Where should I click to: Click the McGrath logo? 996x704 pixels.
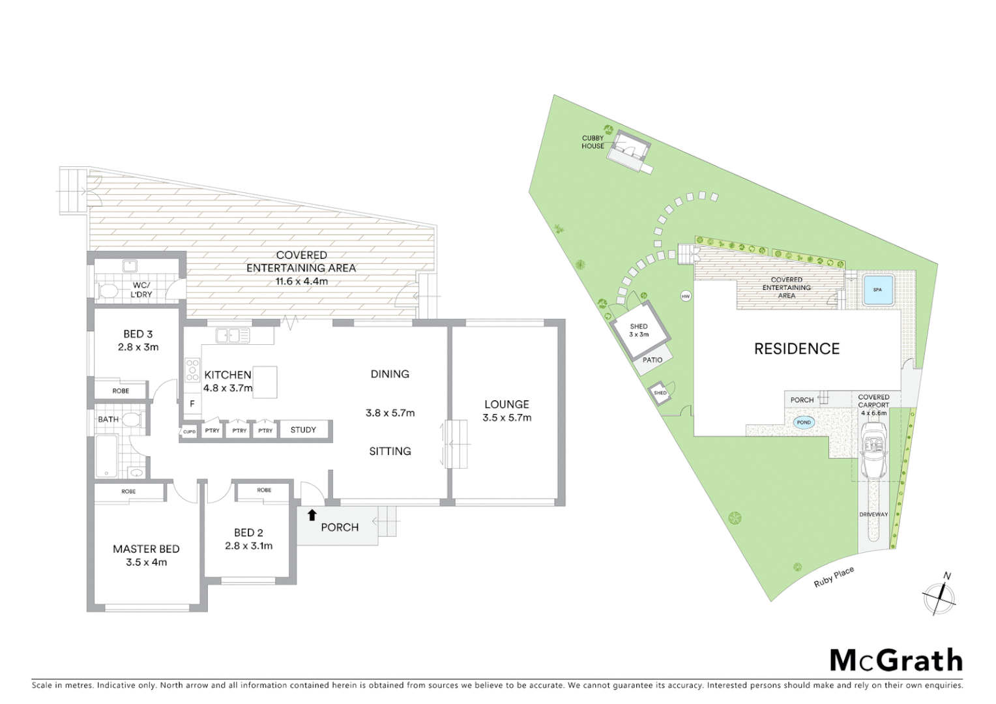pos(896,660)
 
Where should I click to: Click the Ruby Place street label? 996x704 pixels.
pos(833,577)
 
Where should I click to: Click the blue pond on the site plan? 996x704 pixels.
pos(804,422)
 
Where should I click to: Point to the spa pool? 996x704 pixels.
pos(877,289)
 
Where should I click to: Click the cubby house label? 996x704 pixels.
pos(593,142)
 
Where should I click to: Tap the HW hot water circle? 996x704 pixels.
pos(685,297)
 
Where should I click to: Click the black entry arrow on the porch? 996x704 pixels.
pos(312,515)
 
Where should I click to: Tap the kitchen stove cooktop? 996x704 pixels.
pos(192,370)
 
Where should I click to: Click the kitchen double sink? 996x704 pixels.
pos(233,336)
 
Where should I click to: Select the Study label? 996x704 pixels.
pos(303,430)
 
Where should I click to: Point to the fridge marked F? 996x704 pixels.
pos(192,404)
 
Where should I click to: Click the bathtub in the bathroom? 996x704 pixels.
pos(107,455)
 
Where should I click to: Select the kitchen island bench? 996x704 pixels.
pos(265,382)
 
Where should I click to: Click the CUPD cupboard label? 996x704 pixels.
pos(189,432)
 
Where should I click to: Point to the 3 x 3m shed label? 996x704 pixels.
pos(639,330)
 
